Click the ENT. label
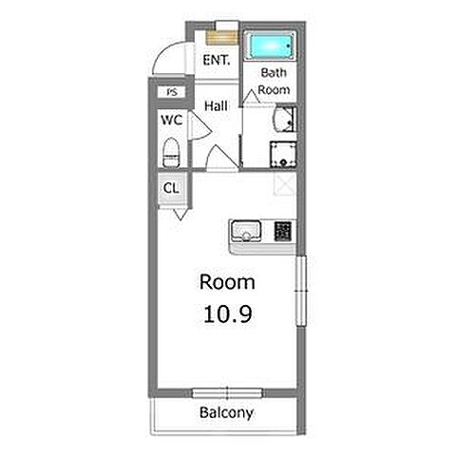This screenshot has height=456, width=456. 217,60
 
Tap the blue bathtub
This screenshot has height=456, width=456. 271,46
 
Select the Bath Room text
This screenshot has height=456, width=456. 274,81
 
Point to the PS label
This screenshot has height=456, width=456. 172,92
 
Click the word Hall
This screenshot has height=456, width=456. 217,105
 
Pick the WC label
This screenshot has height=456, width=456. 172,120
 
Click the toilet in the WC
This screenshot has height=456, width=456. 171,152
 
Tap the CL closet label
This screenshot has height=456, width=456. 171,188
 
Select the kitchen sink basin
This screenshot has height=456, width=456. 246,231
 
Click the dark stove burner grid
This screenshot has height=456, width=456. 283,231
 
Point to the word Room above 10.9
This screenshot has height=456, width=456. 227,282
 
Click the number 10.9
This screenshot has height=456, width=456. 228,314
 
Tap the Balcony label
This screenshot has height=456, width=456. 227,412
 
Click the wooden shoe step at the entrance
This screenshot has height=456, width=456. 222,38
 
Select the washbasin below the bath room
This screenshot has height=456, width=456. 284,120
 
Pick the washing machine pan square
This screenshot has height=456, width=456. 283,155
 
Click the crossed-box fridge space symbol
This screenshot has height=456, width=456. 285,184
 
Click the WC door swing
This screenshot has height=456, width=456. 200,125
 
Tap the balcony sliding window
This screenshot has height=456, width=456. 227,393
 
